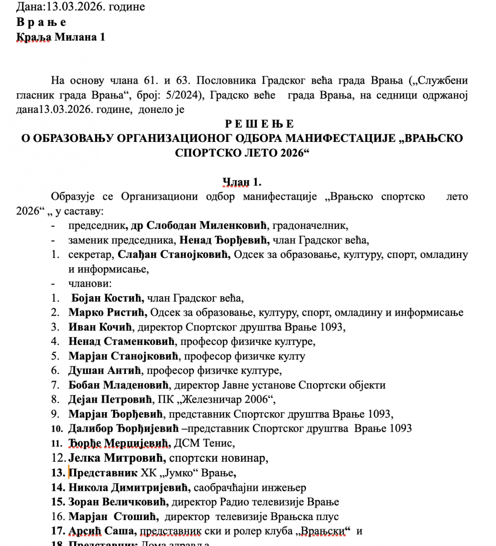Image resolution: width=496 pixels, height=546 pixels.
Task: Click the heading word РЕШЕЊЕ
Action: coord(259,124)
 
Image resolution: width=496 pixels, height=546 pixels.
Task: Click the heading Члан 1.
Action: coord(241,182)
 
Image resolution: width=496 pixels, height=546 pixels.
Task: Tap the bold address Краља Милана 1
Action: coord(60,37)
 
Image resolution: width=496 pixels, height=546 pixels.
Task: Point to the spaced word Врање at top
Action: coord(41,22)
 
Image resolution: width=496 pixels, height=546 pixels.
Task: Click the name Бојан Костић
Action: coord(108,298)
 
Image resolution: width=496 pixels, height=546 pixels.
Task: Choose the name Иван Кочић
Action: coord(100,327)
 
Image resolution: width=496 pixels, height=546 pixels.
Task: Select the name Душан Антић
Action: coord(105,370)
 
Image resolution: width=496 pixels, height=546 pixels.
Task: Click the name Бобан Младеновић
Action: coord(119,385)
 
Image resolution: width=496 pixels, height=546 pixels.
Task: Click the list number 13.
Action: coord(58,473)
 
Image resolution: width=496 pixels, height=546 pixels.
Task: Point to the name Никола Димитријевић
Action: coord(128,487)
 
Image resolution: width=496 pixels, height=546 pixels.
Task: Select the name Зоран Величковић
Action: coord(118,502)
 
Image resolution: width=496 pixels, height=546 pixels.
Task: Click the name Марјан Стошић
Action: coord(113,516)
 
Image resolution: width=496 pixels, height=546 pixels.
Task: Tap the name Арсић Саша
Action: coord(102,531)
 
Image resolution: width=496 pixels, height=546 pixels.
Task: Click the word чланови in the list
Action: coord(90,283)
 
